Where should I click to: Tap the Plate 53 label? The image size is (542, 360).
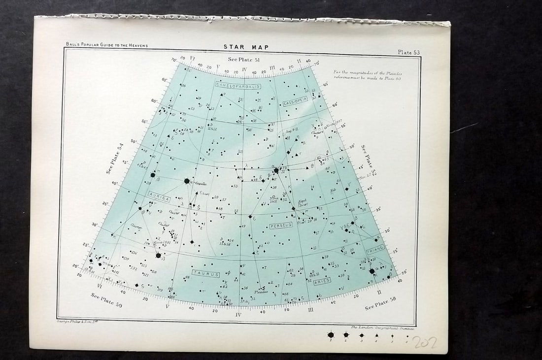[x=409, y=52]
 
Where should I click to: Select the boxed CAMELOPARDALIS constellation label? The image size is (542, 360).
[x=238, y=85]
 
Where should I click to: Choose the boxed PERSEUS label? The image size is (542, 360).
[x=281, y=226]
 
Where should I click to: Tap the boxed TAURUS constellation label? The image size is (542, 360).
[x=206, y=273]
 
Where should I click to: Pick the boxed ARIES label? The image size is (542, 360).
[x=321, y=281]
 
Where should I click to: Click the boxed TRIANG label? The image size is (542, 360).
[x=375, y=249]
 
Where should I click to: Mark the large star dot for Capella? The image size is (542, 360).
[x=187, y=181]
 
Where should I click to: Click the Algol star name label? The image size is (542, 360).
[x=302, y=201]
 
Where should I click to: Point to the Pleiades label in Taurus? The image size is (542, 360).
[x=261, y=292]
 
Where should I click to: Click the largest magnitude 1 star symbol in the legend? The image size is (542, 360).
[x=330, y=335]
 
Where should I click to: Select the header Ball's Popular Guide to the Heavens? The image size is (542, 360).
[x=107, y=45]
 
